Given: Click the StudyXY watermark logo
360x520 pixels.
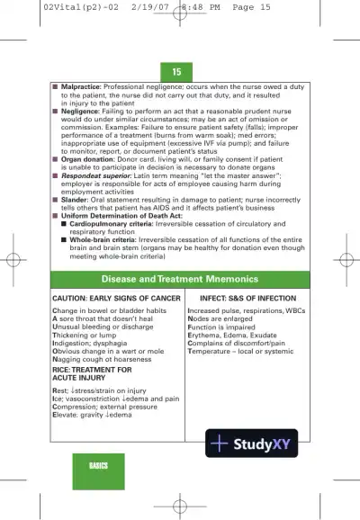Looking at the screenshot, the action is click(251, 443).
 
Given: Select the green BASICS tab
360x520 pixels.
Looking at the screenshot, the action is click(98, 465).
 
